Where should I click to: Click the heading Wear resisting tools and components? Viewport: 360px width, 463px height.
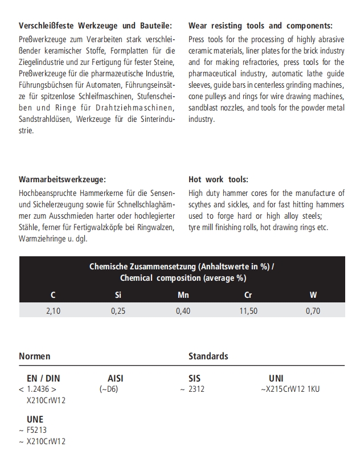click(x=260, y=26)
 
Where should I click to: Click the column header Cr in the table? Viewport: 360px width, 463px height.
click(x=248, y=295)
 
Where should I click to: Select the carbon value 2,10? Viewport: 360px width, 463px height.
click(x=53, y=310)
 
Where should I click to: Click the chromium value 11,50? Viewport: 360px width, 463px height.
click(x=248, y=310)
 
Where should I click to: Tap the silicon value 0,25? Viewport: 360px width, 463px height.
click(x=118, y=310)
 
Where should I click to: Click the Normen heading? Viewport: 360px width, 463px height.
click(x=35, y=356)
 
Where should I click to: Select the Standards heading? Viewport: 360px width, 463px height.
click(x=208, y=356)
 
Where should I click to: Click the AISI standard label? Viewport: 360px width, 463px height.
click(x=115, y=378)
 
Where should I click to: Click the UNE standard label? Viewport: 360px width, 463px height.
click(x=35, y=420)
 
